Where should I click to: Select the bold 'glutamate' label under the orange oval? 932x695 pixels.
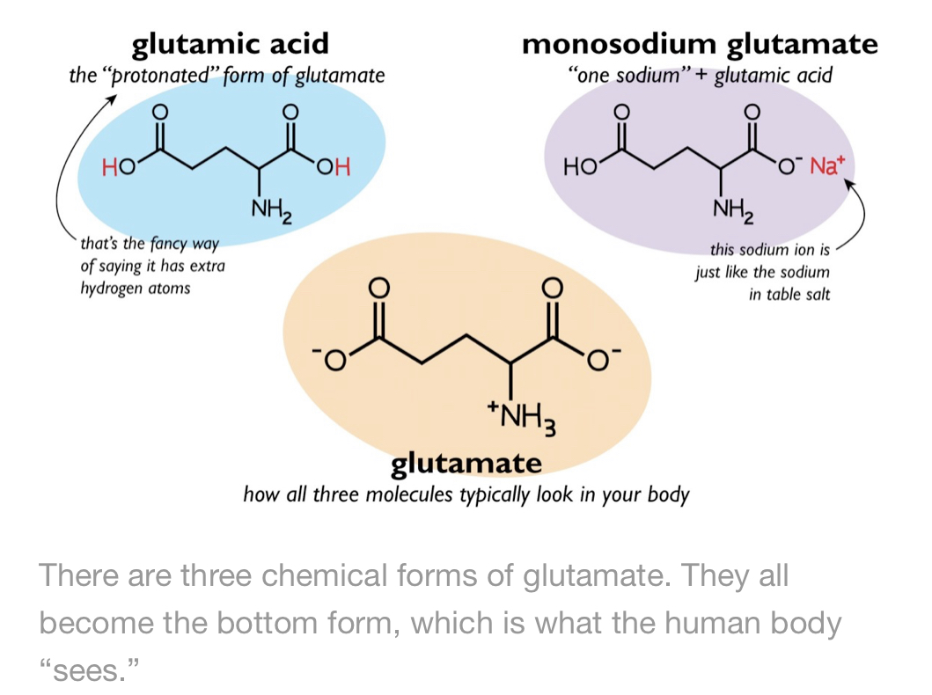466,464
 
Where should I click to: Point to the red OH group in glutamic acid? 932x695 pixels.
334,167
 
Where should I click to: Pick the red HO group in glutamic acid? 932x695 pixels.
119,167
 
